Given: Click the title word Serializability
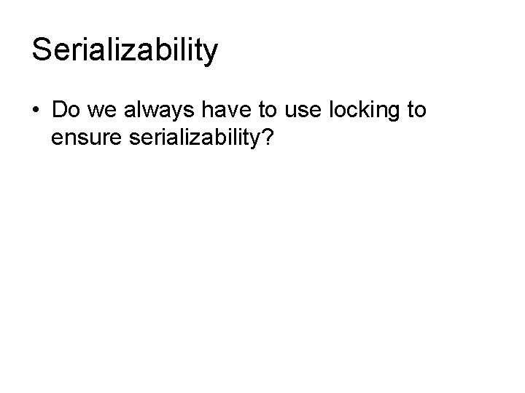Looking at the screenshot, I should click(x=125, y=50).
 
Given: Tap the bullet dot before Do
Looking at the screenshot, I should click(x=36, y=111).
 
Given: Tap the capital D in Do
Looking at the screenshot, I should click(x=59, y=111).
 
